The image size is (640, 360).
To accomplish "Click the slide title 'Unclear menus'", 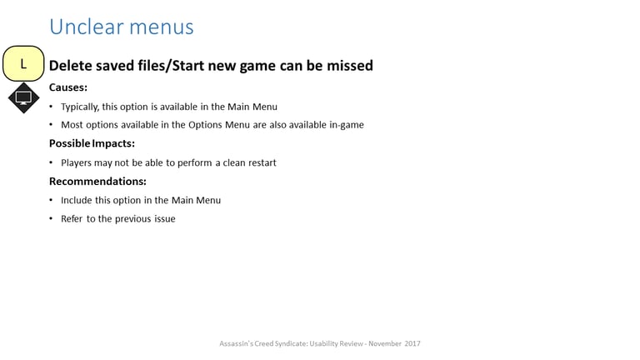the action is tap(122, 27).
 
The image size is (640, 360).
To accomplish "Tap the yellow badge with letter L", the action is tap(23, 63).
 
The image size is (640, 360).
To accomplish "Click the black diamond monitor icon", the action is tap(23, 98).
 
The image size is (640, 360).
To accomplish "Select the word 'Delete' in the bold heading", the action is tap(71, 66).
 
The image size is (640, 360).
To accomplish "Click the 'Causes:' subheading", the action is tap(68, 87).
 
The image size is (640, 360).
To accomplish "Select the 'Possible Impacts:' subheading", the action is tap(92, 143).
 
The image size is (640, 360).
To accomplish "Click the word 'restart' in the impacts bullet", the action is tap(262, 162).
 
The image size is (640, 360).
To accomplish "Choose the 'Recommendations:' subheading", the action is tap(97, 181).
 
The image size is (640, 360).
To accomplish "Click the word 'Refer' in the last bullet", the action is tap(72, 219).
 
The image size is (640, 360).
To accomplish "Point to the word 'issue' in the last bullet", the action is tap(165, 219).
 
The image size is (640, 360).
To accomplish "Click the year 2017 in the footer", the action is tap(412, 343).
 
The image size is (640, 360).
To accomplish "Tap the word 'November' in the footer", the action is tap(385, 343).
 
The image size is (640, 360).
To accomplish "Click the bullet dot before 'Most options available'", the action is tap(51, 124).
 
